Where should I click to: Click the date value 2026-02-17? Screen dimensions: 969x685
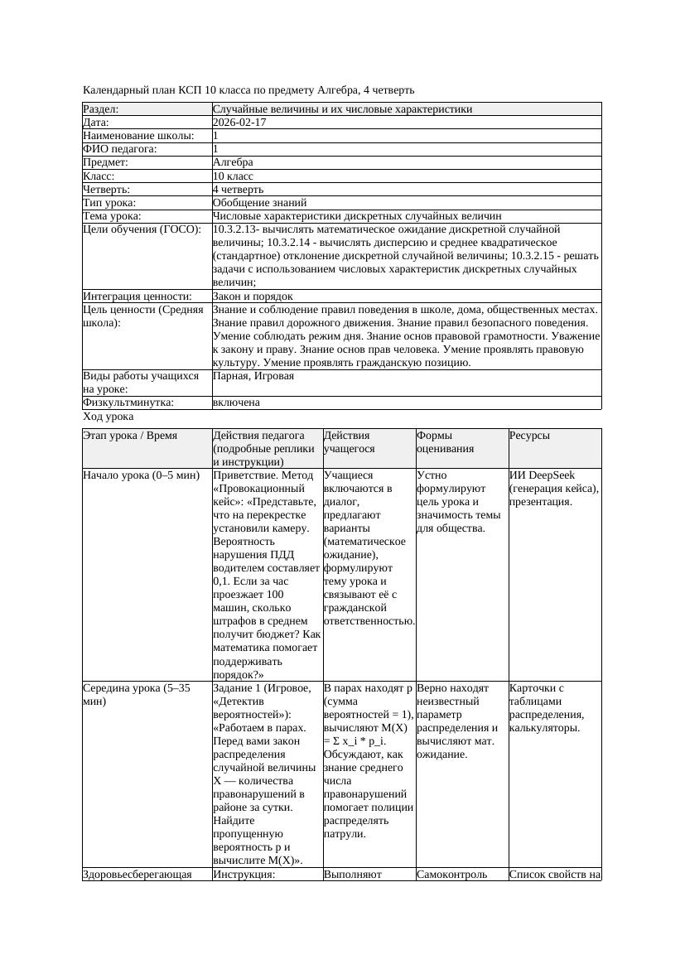[x=239, y=122]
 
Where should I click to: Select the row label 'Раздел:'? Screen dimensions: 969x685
[x=101, y=108]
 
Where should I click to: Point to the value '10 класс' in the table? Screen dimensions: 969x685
[x=233, y=176]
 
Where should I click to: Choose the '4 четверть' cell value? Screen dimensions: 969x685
[x=238, y=189]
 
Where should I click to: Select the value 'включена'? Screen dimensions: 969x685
[x=236, y=403]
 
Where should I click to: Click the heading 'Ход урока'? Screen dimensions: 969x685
[x=108, y=417]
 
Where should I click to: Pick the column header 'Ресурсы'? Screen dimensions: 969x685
[x=529, y=436]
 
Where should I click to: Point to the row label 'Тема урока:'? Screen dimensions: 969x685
[x=112, y=215]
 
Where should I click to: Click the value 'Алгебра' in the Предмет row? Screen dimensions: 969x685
[x=233, y=162]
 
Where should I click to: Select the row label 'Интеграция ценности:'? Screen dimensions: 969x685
[x=137, y=296]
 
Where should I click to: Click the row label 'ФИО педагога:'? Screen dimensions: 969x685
[x=120, y=149]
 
